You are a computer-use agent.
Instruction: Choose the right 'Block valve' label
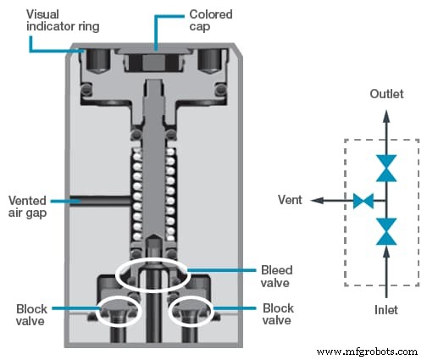[278, 314]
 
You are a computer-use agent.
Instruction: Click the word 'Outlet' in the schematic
[386, 95]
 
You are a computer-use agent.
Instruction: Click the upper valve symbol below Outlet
[386, 168]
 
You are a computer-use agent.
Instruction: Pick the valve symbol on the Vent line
[363, 201]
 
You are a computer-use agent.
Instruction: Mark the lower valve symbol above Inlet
[386, 231]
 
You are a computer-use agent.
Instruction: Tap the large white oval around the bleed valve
[152, 275]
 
